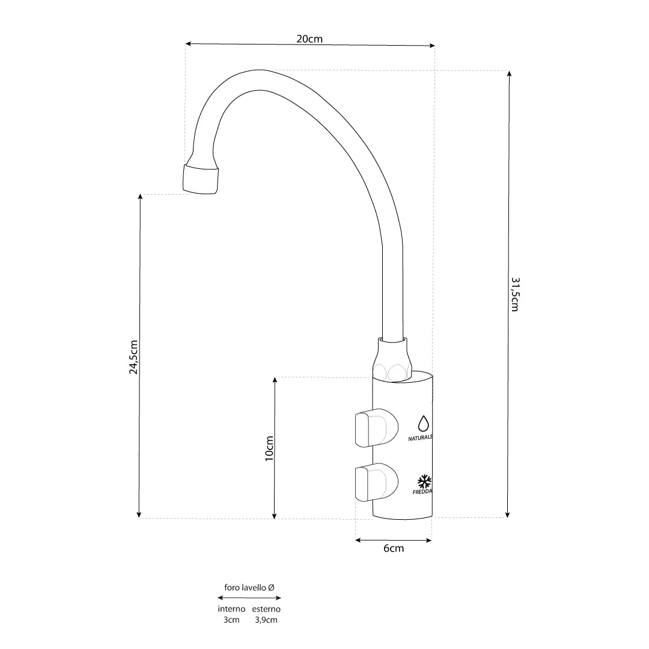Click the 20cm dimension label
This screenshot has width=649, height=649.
[309, 38]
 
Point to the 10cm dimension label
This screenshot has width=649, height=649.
[269, 448]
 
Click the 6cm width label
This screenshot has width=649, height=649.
[393, 548]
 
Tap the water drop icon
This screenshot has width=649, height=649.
[424, 423]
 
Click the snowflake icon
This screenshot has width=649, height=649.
[424, 481]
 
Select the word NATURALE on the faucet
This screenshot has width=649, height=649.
[420, 438]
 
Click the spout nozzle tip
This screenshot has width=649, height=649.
[200, 180]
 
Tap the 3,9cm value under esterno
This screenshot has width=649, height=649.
[266, 620]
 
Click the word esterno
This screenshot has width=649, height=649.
[266, 609]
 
